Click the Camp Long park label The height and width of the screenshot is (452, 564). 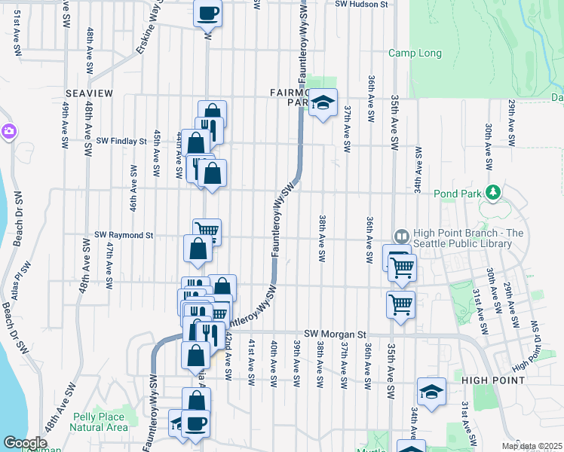tap(413, 53)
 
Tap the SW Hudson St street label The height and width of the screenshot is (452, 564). tap(362, 5)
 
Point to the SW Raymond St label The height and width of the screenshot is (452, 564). tap(124, 235)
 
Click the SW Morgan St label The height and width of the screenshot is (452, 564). tap(335, 334)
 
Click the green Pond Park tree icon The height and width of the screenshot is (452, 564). tap(493, 193)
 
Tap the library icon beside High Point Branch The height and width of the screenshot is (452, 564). tap(400, 236)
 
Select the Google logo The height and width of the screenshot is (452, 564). tap(26, 443)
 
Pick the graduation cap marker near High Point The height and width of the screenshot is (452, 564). tap(431, 392)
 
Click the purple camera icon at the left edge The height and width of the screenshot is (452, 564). tap(8, 131)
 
